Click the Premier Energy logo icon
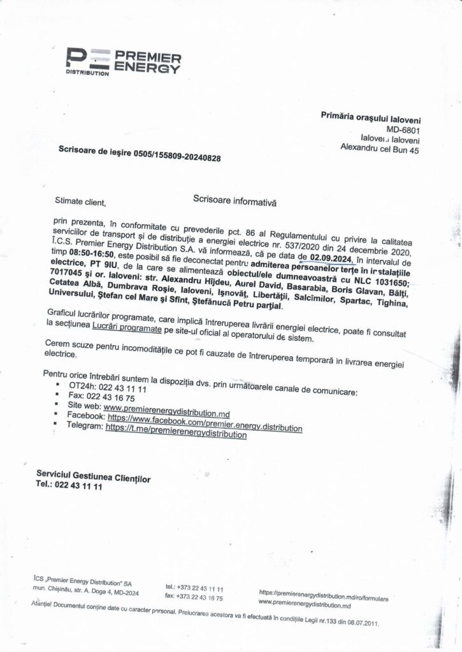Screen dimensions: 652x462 pyautogui.click(x=89, y=59)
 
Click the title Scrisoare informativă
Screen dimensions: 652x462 pyautogui.click(x=235, y=199)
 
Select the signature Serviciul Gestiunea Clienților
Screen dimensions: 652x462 pyautogui.click(x=94, y=478)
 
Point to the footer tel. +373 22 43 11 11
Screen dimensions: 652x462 pyautogui.click(x=194, y=589)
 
